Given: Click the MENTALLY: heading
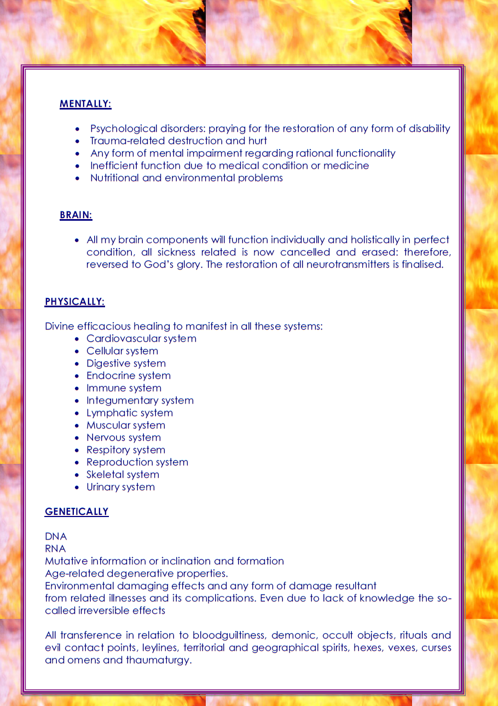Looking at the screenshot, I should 85,104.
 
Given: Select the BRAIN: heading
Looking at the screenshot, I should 76,215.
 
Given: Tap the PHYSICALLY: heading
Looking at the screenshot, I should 74,302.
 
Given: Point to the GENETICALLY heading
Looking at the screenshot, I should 77,512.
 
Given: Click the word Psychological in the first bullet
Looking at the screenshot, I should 124,129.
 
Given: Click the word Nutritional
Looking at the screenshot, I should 114,178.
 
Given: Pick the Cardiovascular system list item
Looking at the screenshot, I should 141,338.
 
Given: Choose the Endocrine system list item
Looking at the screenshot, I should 129,376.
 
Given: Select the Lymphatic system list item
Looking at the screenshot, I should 130,413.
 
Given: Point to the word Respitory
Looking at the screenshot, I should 105,450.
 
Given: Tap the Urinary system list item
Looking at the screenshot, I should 120,487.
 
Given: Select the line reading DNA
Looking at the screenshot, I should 56,537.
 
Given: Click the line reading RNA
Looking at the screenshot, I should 55,549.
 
